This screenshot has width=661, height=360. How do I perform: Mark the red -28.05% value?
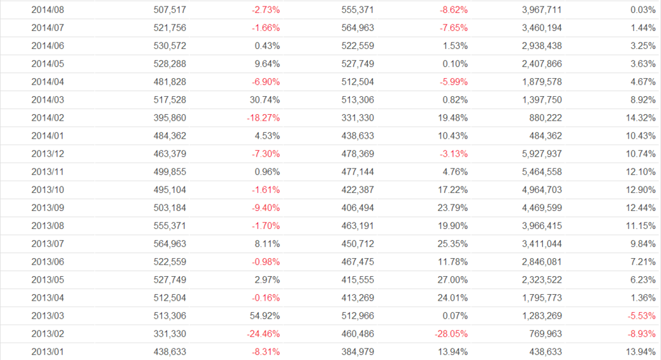pyautogui.click(x=451, y=334)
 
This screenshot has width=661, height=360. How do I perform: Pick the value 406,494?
pyautogui.click(x=358, y=208)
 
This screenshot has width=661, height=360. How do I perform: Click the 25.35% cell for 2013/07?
pyautogui.click(x=453, y=244)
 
